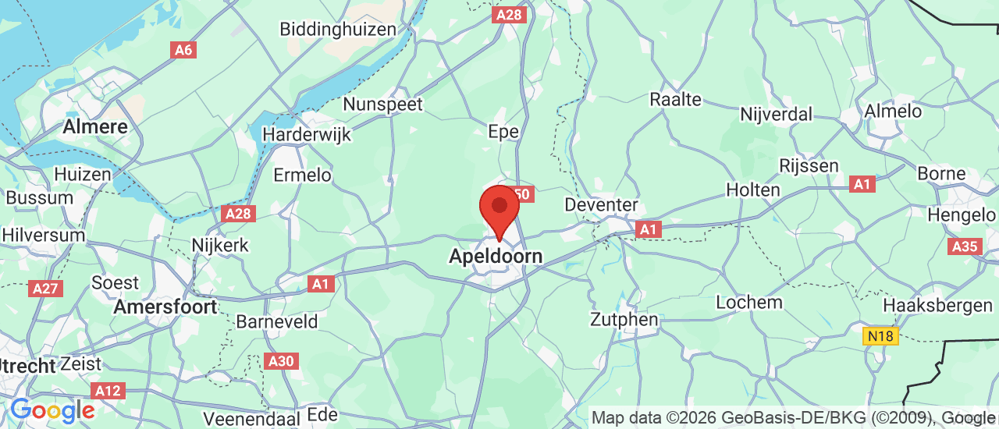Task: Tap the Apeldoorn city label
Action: [495, 255]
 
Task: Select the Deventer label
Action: [601, 205]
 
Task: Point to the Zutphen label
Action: [624, 319]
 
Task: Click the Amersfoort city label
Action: [165, 307]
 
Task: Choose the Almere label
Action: [95, 126]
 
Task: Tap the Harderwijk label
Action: [306, 134]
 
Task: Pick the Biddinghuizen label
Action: [340, 29]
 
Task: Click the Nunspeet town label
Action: [382, 104]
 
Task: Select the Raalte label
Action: [675, 99]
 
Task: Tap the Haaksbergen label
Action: [937, 305]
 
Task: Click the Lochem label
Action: [748, 302]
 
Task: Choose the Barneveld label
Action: [277, 321]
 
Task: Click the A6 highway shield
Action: [183, 50]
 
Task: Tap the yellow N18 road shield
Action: [881, 336]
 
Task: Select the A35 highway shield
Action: [965, 246]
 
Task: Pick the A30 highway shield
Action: [281, 361]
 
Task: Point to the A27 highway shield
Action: [45, 289]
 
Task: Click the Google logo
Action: [52, 409]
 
